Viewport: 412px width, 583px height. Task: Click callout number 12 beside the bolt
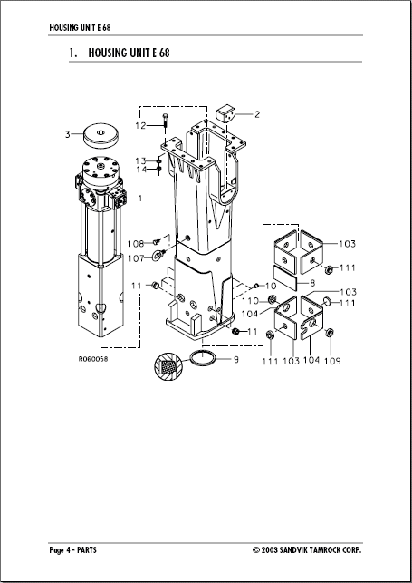141,124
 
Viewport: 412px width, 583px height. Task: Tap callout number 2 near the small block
256,114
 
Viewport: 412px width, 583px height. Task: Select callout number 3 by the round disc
67,135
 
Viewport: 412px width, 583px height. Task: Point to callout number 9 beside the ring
235,360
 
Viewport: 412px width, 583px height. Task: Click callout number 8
311,283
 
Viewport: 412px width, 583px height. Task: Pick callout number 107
136,258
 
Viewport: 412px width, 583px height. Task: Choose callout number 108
136,243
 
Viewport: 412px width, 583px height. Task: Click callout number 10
269,286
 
